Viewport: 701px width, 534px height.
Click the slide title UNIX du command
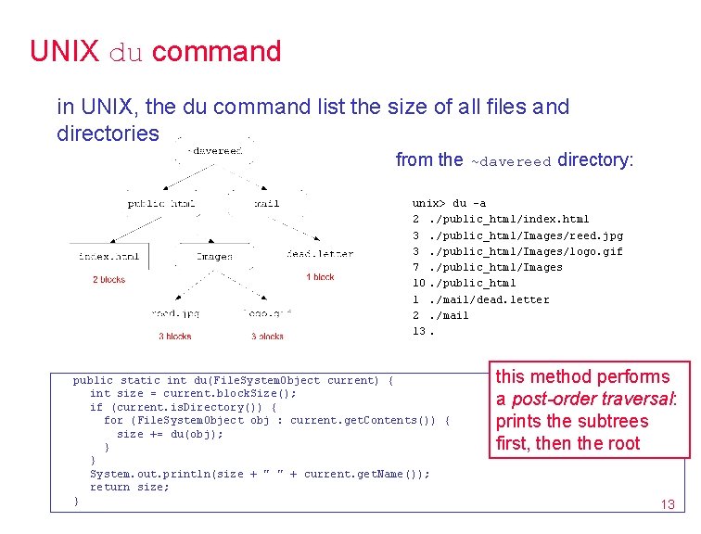(x=155, y=51)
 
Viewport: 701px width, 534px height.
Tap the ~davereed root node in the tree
(x=215, y=150)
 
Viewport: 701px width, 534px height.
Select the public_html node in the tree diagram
(x=161, y=203)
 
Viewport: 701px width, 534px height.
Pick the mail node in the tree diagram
(x=267, y=203)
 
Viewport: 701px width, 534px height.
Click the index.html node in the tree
(x=109, y=255)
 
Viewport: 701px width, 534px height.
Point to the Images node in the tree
(x=214, y=256)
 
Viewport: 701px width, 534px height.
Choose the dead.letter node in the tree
(x=320, y=254)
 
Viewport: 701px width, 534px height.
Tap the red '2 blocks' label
(x=108, y=279)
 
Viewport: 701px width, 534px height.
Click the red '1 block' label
(x=320, y=277)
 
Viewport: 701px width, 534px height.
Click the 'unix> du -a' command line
(x=449, y=203)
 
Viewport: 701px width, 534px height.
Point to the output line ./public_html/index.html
(x=501, y=220)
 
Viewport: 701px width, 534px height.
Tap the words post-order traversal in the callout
(x=594, y=399)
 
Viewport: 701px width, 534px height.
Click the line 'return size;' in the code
(x=130, y=487)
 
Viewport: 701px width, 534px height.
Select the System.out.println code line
(x=260, y=474)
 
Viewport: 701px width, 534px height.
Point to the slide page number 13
(x=667, y=504)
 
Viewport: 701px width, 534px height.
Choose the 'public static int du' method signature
(x=233, y=380)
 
